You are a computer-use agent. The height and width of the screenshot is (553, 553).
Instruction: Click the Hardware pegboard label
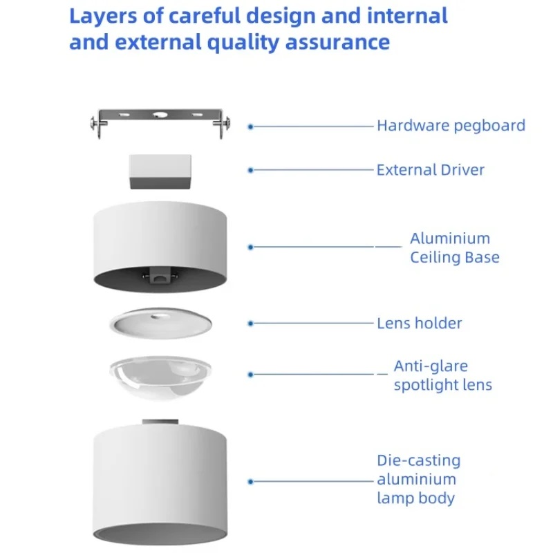coord(451,126)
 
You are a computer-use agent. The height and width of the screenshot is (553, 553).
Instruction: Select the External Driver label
coord(430,170)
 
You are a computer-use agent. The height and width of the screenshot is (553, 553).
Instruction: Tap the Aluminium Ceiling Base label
coord(454,248)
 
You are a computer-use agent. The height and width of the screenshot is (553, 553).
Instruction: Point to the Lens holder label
coord(419,323)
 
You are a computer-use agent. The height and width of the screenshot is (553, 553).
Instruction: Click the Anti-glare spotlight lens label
coord(442,375)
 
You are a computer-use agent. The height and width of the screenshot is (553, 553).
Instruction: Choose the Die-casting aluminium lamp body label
coord(418,479)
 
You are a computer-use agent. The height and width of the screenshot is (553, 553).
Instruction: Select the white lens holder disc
coord(160,323)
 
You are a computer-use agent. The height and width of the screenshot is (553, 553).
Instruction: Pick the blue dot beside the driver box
coord(251,170)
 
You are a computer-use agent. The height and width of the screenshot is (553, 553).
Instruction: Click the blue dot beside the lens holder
coord(251,323)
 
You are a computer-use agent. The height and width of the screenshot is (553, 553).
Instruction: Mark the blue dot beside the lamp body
coord(251,481)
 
